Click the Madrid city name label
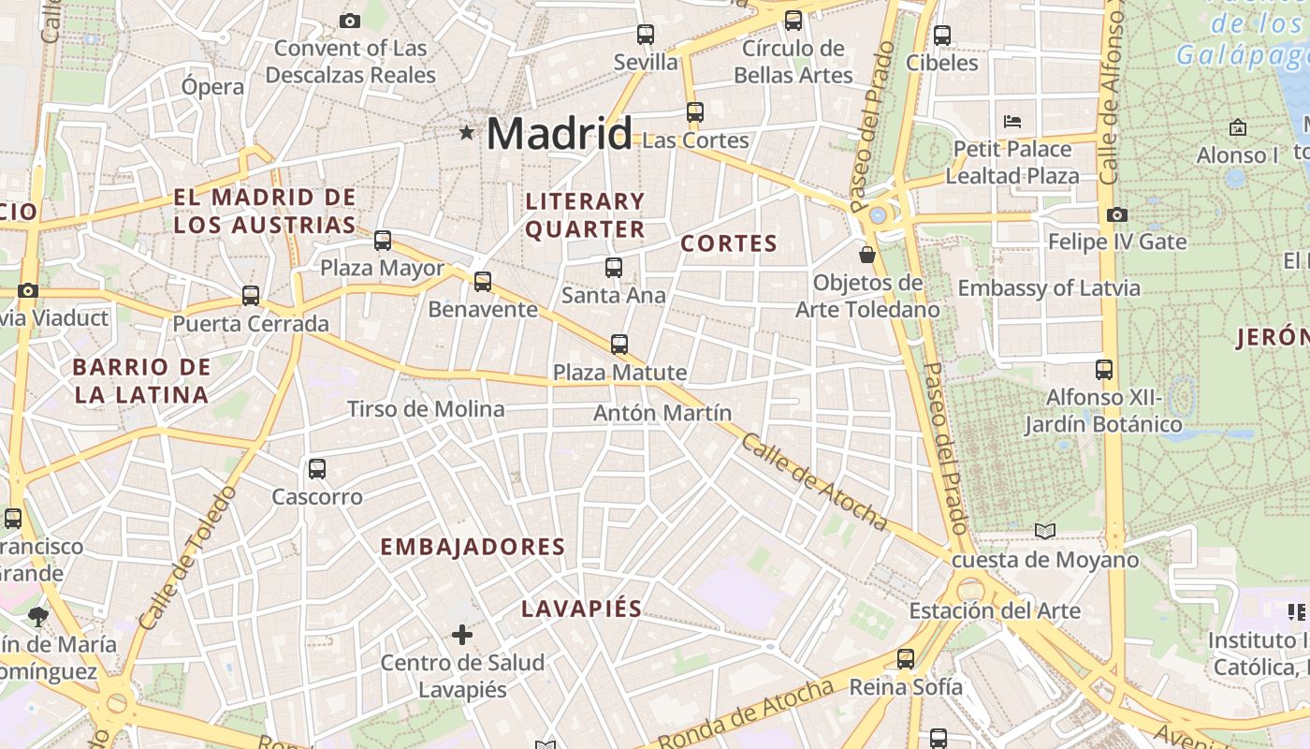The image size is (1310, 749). coord(559,133)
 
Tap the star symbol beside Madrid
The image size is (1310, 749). coord(466,133)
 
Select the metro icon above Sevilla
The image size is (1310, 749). coord(646,35)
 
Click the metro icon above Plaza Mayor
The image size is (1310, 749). coord(383,241)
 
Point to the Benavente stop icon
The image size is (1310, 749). coord(483,281)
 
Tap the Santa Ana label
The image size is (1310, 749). coord(613,295)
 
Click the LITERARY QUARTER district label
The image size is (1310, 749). coord(585,215)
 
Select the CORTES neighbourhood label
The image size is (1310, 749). coord(729,243)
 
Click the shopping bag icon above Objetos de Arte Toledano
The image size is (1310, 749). coord(867,254)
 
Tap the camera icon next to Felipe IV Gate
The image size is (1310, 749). coord(1116,214)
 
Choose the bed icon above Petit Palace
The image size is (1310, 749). coord(1012,121)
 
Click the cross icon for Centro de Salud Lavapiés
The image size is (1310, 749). coord(462,636)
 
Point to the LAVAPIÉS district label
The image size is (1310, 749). coord(581,609)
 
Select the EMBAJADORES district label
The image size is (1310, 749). coord(473,547)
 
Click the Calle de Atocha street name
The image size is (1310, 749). coord(812,481)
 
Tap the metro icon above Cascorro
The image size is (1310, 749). coord(317,469)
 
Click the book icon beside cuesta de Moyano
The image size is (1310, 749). coord(1045,532)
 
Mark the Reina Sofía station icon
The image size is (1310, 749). coord(905,659)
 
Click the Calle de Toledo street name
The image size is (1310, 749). coord(186,558)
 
